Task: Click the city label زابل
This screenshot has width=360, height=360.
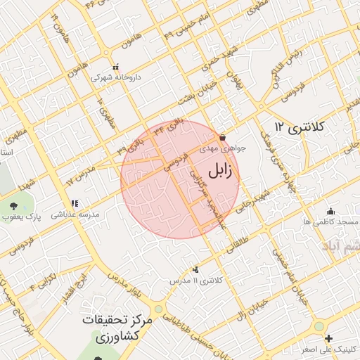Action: (222, 171)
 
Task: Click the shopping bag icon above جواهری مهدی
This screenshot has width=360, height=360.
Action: (223, 137)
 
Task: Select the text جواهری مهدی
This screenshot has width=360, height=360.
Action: (222, 148)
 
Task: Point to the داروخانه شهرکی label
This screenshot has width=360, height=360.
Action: (119, 77)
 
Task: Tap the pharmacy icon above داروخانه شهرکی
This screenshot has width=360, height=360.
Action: (117, 66)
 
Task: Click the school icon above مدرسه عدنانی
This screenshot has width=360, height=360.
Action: (75, 204)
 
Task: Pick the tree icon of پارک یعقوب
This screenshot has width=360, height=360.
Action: (14, 205)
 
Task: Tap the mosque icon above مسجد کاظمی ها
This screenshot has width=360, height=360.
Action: (330, 211)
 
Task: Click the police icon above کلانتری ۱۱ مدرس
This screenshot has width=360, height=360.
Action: (195, 270)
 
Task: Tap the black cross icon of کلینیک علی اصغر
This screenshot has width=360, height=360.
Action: (329, 339)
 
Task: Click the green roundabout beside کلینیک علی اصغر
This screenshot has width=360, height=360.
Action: (319, 327)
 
